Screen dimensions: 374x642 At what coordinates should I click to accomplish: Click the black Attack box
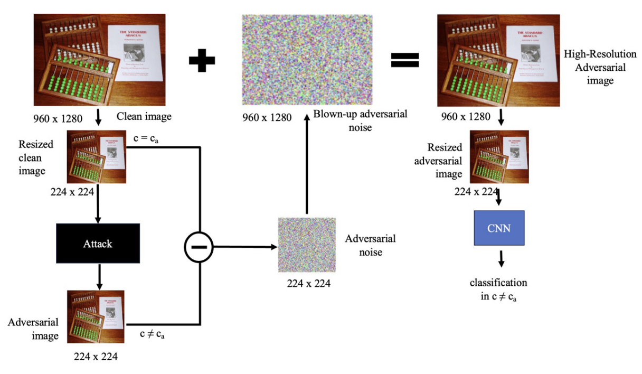98,244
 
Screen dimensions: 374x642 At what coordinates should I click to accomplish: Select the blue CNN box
499,228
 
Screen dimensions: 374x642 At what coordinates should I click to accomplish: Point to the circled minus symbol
199,247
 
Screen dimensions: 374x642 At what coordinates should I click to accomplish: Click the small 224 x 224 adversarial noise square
307,245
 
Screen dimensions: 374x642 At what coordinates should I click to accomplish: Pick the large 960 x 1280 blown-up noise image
307,60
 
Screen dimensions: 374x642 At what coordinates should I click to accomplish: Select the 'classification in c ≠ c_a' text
498,289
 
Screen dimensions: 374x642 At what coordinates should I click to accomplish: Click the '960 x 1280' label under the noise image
267,117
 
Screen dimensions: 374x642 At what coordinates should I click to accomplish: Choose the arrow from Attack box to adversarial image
98,276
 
